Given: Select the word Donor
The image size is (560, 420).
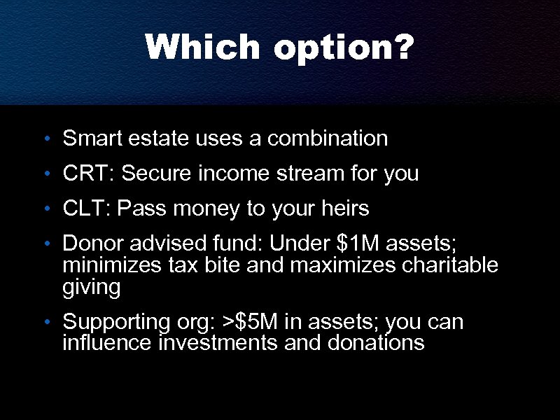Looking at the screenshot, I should click(x=92, y=244).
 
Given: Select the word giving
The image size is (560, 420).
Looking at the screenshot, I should click(x=91, y=288).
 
